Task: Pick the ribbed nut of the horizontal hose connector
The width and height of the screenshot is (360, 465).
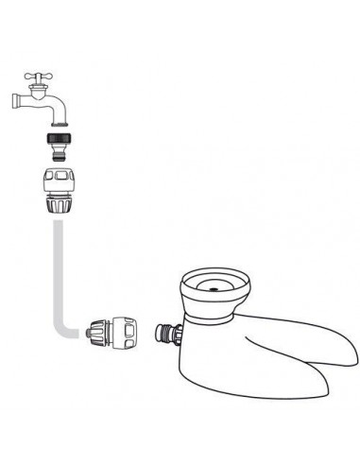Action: tap(98, 333)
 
